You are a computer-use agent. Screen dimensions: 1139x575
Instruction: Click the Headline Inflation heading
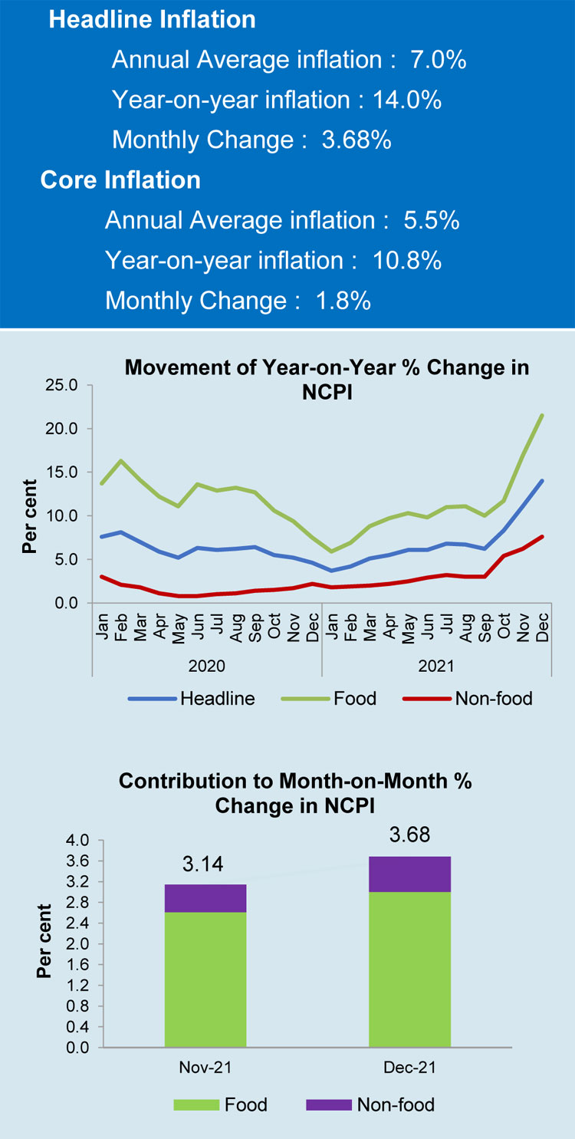coord(152,20)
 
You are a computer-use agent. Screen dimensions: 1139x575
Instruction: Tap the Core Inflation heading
coord(120,179)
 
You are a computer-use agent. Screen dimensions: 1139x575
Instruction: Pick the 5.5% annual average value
coord(431,221)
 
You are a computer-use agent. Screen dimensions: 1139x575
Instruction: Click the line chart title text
coord(327,378)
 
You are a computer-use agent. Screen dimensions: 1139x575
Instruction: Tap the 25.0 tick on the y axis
coord(63,385)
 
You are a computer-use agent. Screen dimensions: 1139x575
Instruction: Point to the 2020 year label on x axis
coord(206,664)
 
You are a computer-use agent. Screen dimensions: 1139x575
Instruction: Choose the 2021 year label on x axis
coord(436,664)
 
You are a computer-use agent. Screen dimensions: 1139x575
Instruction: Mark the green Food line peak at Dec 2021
coord(543,416)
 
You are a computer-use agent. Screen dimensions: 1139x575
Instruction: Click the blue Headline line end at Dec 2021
coord(543,481)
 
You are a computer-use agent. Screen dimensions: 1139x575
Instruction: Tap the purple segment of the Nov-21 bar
coord(205,898)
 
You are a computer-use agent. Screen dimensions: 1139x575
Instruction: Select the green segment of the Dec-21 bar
coord(409,969)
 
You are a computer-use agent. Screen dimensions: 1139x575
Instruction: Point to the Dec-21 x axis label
coord(409,1068)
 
